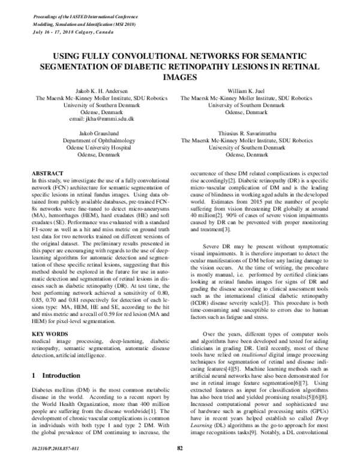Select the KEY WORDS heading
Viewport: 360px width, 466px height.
point(47,332)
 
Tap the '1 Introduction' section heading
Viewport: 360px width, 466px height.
point(64,375)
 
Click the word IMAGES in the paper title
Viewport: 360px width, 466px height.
point(179,77)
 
